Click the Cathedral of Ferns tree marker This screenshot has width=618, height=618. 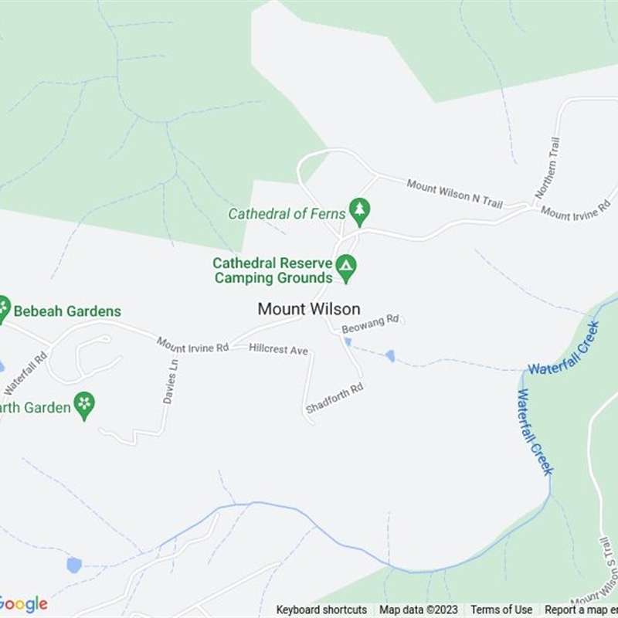pyautogui.click(x=359, y=209)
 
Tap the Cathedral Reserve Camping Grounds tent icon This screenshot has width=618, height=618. pyautogui.click(x=346, y=267)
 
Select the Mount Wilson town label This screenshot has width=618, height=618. pyautogui.click(x=309, y=309)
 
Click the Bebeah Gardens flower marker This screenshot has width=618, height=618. pyautogui.click(x=3, y=308)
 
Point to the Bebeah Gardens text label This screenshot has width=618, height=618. pyautogui.click(x=67, y=311)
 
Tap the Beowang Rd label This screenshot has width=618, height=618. pyautogui.click(x=370, y=322)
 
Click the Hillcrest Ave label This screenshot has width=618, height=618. pyautogui.click(x=278, y=350)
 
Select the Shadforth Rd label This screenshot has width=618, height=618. pyautogui.click(x=334, y=398)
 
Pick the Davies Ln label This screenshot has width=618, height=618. pyautogui.click(x=171, y=381)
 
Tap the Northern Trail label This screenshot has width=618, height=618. pyautogui.click(x=547, y=168)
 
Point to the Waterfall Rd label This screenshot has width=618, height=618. pyautogui.click(x=25, y=372)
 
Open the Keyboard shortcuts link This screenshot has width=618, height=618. pyautogui.click(x=321, y=610)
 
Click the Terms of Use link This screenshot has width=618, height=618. pyautogui.click(x=501, y=610)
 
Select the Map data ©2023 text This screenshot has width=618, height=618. pyautogui.click(x=419, y=610)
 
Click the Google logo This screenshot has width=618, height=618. pyautogui.click(x=23, y=603)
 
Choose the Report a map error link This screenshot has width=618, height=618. pyautogui.click(x=581, y=610)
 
